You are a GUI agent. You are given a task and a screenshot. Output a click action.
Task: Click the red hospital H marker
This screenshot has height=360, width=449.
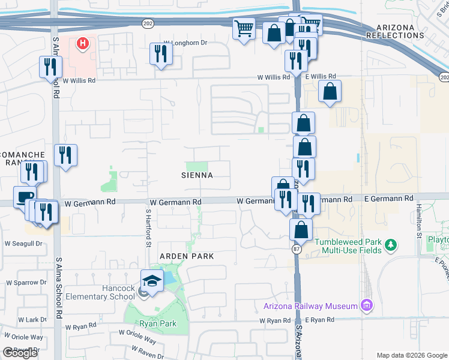pyautogui.click(x=83, y=43)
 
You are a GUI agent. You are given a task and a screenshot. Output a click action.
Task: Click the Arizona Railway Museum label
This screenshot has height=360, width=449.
pyautogui.click(x=310, y=306)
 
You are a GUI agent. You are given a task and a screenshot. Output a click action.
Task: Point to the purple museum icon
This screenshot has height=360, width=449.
pyautogui.click(x=366, y=306)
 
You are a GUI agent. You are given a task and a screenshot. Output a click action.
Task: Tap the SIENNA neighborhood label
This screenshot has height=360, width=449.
pyautogui.click(x=197, y=175)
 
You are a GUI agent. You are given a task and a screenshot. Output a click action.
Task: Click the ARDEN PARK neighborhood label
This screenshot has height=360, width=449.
pyautogui.click(x=186, y=256)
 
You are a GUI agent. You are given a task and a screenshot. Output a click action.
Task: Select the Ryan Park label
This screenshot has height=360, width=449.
pyautogui.click(x=157, y=323)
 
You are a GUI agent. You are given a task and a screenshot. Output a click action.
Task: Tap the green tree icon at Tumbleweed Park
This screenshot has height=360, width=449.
pyautogui.click(x=391, y=244)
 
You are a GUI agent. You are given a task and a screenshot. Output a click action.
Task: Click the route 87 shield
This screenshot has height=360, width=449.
pyautogui.click(x=296, y=248)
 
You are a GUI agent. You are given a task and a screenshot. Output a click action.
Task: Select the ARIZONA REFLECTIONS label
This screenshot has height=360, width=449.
pyautogui.click(x=400, y=32)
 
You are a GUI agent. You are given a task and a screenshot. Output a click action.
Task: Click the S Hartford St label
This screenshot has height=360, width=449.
pyautogui.click(x=148, y=228)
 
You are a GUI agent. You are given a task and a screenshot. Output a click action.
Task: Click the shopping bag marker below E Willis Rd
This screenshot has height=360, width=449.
pyautogui.click(x=330, y=92)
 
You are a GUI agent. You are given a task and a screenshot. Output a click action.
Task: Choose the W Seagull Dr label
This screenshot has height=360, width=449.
pyautogui.click(x=24, y=244)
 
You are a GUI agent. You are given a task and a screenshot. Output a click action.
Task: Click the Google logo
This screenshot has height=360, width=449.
pyautogui.click(x=20, y=353)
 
